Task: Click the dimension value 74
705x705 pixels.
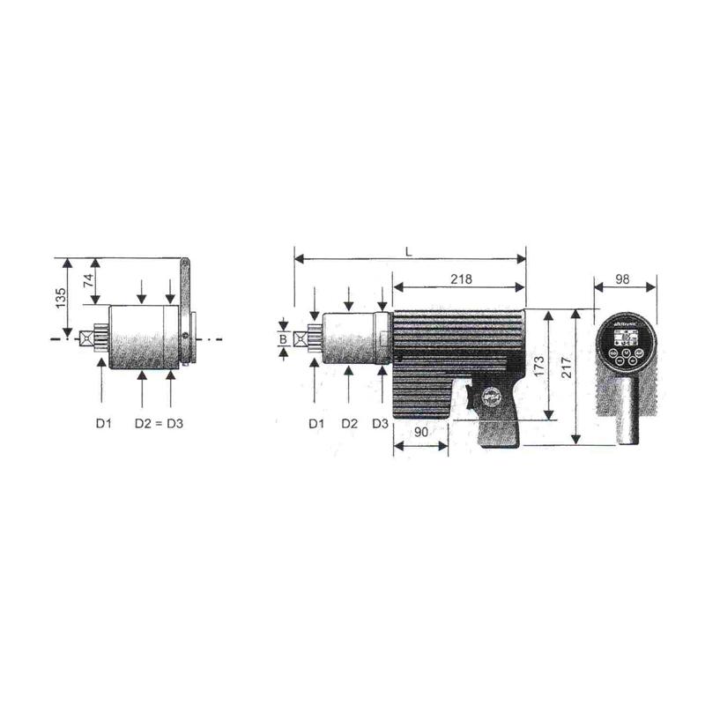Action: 87,281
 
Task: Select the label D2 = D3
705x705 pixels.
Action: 159,424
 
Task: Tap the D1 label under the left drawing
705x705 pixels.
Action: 103,424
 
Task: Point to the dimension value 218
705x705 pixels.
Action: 459,278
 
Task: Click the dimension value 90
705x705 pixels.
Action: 420,433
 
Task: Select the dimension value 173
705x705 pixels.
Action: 538,363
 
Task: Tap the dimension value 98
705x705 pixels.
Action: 623,278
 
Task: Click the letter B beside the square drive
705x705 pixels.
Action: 283,338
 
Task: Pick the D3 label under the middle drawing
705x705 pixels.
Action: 380,424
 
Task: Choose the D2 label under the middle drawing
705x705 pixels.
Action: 349,424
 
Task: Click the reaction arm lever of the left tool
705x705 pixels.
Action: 186,300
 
